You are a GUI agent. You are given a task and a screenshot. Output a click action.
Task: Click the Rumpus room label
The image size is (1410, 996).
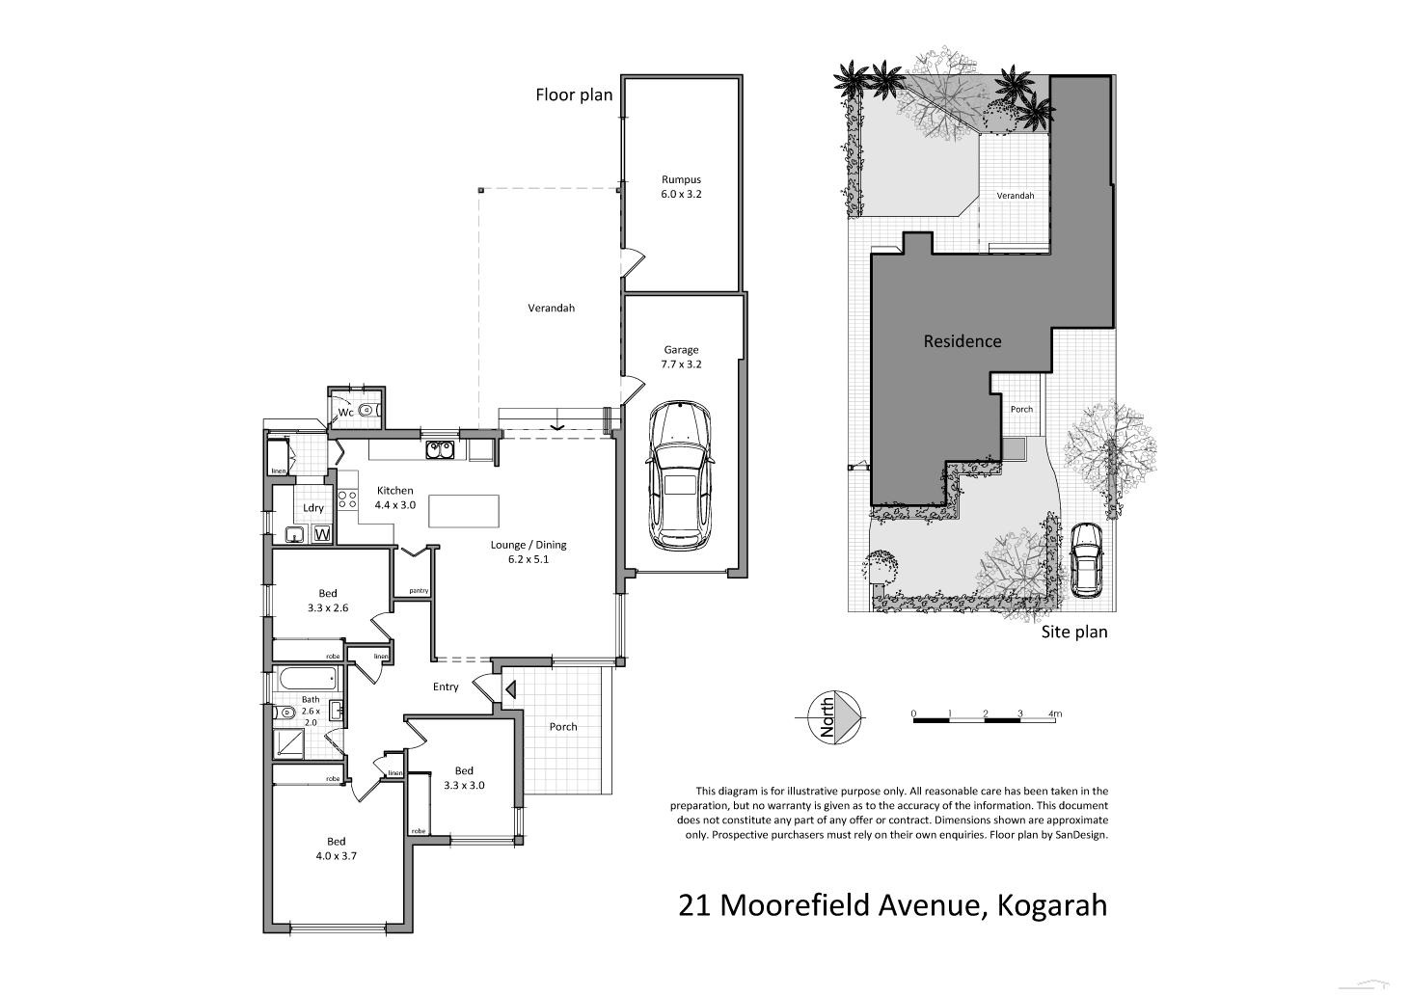[x=681, y=186]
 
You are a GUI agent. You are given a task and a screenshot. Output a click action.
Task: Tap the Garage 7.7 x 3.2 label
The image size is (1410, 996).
[x=681, y=357]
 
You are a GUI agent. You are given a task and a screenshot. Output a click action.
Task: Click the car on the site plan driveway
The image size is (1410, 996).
[x=1087, y=559]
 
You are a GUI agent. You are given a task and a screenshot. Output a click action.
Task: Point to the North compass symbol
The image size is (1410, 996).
[x=835, y=716]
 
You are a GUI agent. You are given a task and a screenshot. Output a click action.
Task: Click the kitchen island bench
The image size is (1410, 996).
[x=464, y=510]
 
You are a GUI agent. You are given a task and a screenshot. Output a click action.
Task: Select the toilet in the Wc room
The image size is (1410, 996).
[x=366, y=411]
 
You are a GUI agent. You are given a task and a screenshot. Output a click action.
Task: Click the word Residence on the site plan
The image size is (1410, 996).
[x=962, y=341]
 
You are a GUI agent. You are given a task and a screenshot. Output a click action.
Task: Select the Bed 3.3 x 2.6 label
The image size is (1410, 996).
[x=328, y=601]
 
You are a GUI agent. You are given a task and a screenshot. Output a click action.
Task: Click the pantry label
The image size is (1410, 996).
[x=418, y=590]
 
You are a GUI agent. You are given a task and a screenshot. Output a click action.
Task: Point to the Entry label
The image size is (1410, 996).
[x=446, y=686]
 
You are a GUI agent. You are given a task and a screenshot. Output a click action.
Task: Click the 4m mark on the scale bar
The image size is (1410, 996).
[x=1055, y=714]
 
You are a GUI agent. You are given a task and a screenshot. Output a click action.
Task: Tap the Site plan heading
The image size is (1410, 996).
[x=1073, y=633]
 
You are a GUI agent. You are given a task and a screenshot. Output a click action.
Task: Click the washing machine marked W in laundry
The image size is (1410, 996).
[x=322, y=533]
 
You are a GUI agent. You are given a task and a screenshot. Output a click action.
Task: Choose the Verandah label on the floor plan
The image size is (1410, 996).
[x=551, y=309]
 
